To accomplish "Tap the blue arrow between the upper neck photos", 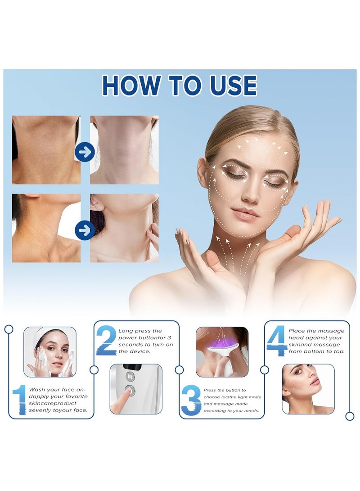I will [x=84, y=152].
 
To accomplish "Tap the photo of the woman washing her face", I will [x=50, y=351].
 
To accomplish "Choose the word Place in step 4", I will [x=297, y=331].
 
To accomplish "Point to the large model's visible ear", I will [x=202, y=173].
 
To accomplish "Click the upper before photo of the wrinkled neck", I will [x=46, y=150].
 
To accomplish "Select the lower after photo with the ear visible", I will [x=124, y=228].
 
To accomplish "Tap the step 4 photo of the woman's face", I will [x=308, y=389].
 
